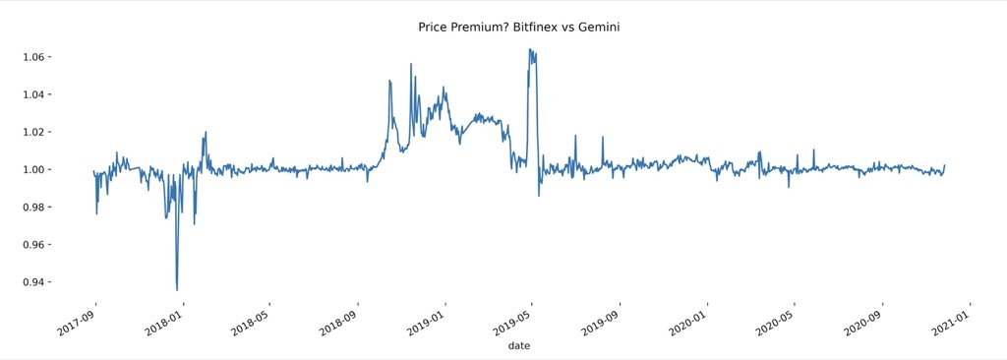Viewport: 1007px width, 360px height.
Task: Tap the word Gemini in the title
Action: [x=597, y=28]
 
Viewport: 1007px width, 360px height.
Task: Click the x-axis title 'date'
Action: [x=519, y=346]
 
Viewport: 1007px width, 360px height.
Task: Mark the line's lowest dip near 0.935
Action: [x=177, y=289]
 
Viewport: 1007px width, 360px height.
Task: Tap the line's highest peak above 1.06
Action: [x=530, y=49]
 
